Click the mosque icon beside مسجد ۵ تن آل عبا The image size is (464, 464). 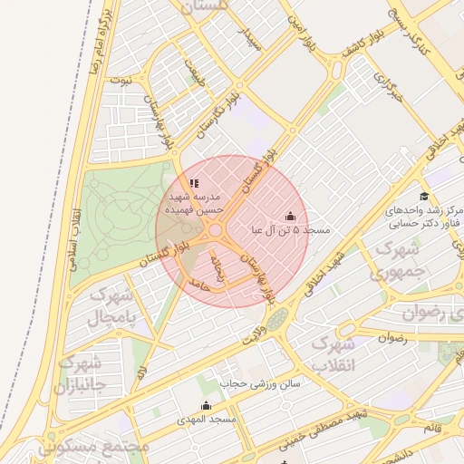click(290, 217)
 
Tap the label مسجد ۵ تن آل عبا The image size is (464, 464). click(292, 231)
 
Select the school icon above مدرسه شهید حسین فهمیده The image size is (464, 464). click(194, 182)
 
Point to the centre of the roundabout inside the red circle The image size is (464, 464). click(219, 238)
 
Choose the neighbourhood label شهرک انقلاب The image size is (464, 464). click(331, 355)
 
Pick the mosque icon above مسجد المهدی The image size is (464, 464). click(206, 405)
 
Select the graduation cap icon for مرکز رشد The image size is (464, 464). click(423, 197)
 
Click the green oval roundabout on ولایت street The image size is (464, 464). click(277, 318)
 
